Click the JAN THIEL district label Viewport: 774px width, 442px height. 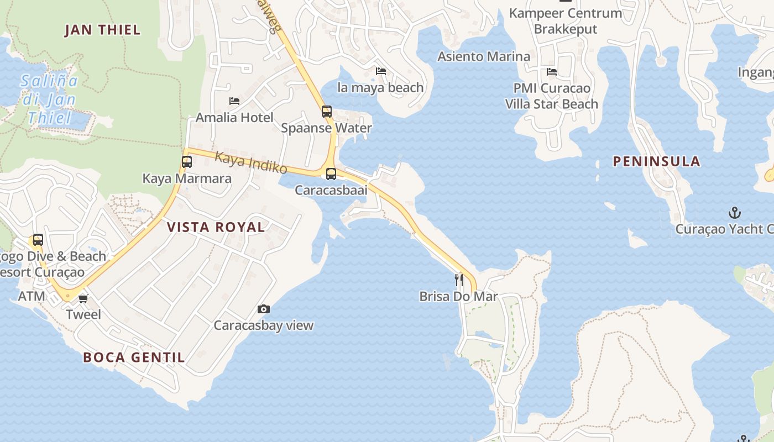click(103, 30)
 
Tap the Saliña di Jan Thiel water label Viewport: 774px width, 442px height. click(50, 99)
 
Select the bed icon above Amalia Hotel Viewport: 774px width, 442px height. click(234, 101)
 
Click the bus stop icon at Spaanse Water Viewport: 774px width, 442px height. click(327, 112)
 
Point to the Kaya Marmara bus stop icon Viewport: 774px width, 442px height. click(187, 162)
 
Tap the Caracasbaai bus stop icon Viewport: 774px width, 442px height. click(331, 174)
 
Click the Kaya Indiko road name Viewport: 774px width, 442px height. click(251, 163)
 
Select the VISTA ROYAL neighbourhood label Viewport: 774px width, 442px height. click(216, 227)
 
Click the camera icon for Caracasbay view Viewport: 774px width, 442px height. click(264, 309)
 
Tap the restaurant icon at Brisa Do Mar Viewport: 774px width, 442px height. click(459, 280)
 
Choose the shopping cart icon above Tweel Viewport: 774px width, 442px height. click(83, 298)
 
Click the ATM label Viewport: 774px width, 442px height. click(32, 297)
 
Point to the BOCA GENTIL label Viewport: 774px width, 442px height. click(134, 357)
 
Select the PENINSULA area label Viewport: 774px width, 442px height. click(657, 161)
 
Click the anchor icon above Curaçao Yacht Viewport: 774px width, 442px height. click(734, 213)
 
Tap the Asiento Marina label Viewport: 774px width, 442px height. click(484, 56)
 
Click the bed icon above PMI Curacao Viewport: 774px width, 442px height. click(552, 72)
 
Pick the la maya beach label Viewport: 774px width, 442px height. click(380, 87)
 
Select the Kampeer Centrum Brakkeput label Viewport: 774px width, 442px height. click(566, 21)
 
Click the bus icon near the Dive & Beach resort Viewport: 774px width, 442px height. click(38, 240)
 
